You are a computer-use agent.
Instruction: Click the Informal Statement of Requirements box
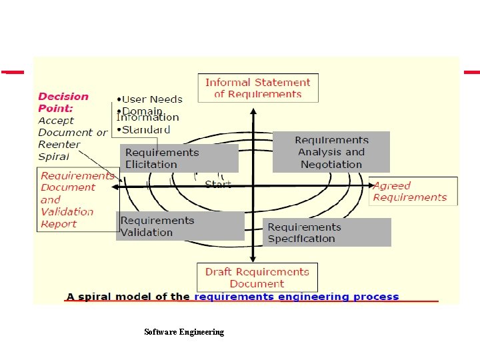point(258,88)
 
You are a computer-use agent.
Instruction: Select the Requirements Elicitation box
point(179,158)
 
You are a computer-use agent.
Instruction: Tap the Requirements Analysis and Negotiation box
point(331,152)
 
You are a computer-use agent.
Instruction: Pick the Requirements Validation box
point(180,226)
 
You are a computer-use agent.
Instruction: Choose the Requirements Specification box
point(326,233)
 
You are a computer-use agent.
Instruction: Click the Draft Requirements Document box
point(257,277)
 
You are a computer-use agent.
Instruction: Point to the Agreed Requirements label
point(410,191)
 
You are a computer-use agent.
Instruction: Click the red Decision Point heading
point(63,102)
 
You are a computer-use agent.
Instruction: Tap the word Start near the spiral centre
point(218,183)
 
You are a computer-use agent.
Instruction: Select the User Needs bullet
point(150,99)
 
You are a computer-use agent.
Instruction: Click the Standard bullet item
point(144,129)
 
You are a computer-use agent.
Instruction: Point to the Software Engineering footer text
point(184,331)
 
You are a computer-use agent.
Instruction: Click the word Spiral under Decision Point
point(54,157)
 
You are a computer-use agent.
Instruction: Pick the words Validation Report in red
point(67,217)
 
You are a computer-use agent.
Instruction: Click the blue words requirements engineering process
point(297,297)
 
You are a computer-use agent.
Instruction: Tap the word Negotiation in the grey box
point(331,164)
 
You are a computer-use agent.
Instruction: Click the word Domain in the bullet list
point(143,111)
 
